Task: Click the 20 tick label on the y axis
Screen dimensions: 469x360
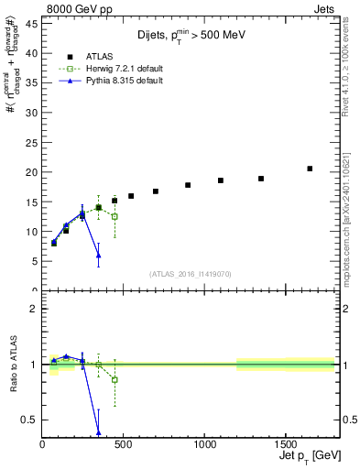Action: click(x=33, y=172)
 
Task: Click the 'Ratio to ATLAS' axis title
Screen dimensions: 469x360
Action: click(x=15, y=365)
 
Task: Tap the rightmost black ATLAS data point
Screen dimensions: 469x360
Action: click(x=310, y=169)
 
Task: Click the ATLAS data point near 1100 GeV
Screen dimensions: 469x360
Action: click(x=221, y=180)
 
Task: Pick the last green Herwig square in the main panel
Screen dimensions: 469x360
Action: click(x=115, y=216)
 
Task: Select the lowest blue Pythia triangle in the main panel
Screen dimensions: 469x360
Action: click(x=98, y=255)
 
